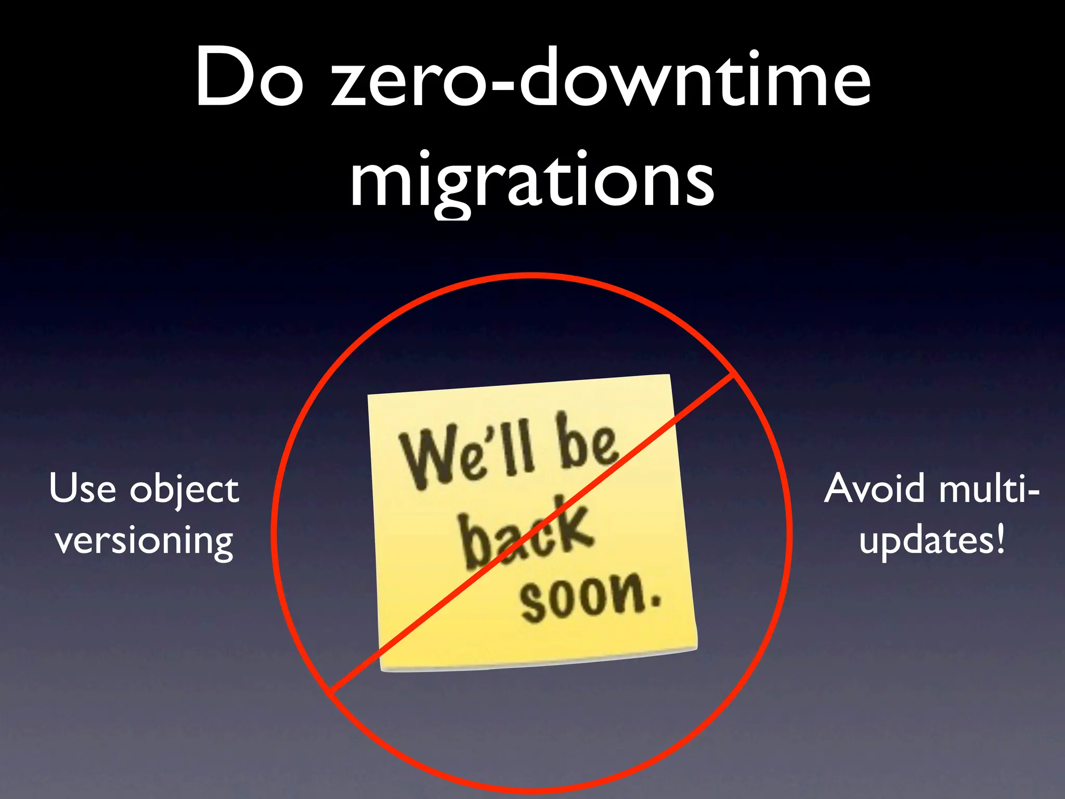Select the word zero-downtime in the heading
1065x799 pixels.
click(601, 78)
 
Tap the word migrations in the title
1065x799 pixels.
click(532, 179)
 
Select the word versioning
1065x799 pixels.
click(144, 541)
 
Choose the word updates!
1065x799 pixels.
click(932, 541)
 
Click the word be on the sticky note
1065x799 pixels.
click(588, 440)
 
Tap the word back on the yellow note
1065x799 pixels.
click(525, 533)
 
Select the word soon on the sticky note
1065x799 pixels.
click(582, 598)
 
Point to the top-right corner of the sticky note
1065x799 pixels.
click(669, 376)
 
